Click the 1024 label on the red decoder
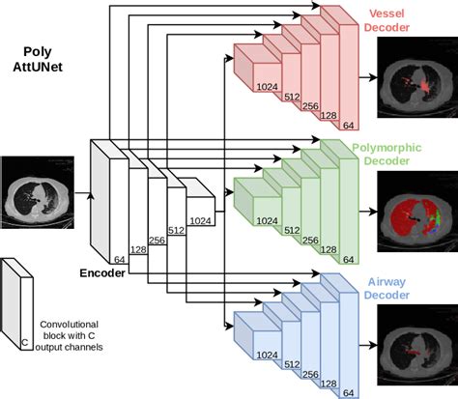(x=269, y=87)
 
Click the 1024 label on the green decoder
(x=269, y=219)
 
